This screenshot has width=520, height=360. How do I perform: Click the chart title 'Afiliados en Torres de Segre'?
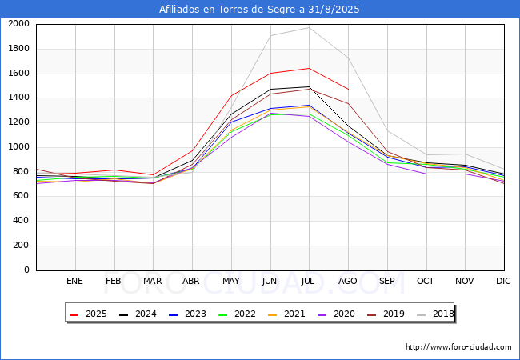point(229,10)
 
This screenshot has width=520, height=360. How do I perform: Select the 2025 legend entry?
point(88,314)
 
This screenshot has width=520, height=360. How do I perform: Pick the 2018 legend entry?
point(435,314)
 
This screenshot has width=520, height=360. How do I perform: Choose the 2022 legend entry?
point(237,314)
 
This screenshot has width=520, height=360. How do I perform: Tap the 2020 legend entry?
point(336,314)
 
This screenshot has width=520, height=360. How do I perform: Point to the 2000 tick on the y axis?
point(19,24)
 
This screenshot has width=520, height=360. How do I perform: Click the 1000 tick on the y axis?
point(19,147)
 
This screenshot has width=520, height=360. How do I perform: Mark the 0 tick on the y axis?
point(27,270)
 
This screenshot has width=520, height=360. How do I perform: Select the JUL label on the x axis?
point(308,281)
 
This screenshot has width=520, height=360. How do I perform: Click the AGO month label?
point(347,281)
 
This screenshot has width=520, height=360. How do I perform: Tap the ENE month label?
point(74,281)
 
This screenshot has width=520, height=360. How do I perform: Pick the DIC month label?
point(503,281)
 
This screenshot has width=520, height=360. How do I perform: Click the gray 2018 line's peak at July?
point(309,27)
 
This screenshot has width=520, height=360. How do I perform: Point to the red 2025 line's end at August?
point(348,89)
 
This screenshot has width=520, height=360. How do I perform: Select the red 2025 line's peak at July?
point(309,68)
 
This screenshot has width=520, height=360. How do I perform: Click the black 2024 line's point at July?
point(309,87)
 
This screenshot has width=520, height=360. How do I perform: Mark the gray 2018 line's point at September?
point(387,130)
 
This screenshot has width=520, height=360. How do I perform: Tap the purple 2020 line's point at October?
point(426,174)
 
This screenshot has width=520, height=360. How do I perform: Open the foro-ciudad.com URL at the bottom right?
point(458,347)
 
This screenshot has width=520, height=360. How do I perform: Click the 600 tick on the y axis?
point(19,196)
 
